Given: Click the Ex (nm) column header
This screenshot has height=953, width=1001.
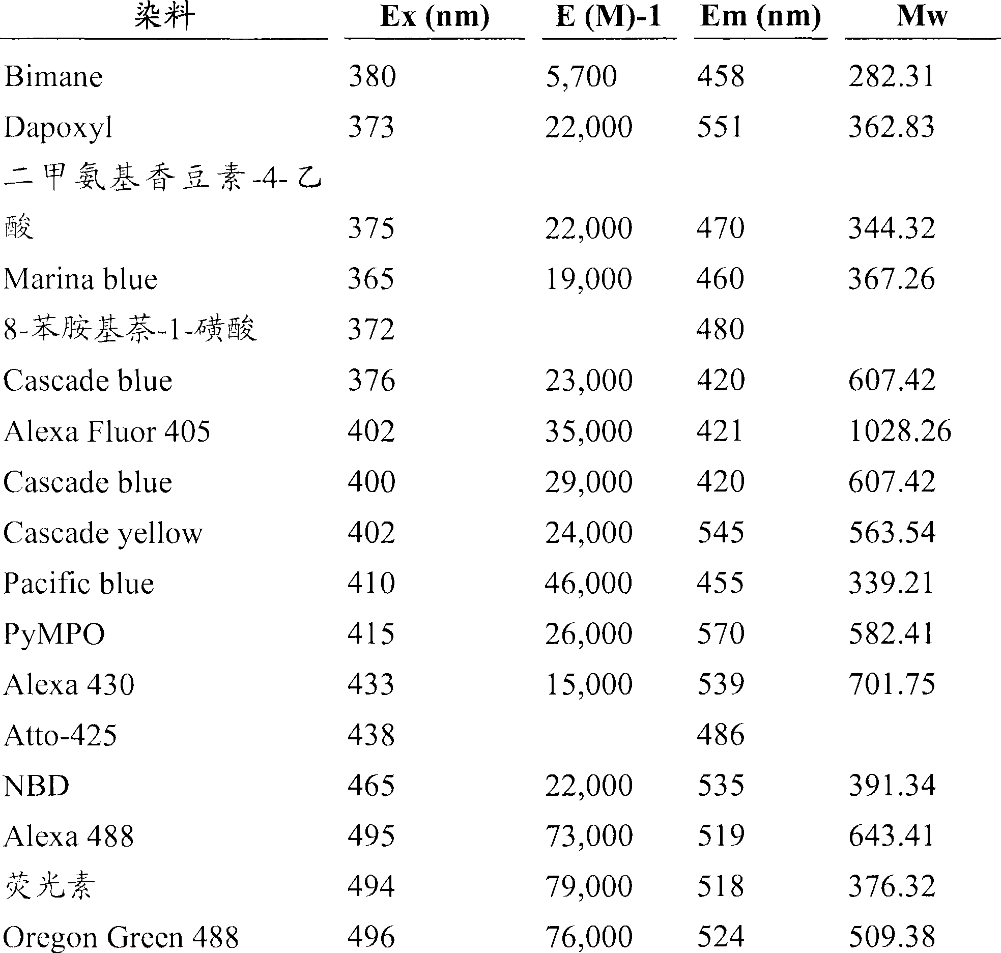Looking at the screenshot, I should click(x=435, y=17).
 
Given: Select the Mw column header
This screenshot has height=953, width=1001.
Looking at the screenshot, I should click(x=922, y=17).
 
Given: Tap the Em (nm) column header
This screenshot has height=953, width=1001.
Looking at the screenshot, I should click(x=761, y=17).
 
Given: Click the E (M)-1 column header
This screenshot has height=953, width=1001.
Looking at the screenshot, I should click(x=609, y=17).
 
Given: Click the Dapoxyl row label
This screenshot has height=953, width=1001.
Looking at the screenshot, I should click(x=58, y=128).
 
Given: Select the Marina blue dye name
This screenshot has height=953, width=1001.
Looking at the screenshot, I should click(x=80, y=279).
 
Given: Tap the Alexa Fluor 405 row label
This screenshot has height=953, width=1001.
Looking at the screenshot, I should click(x=107, y=431).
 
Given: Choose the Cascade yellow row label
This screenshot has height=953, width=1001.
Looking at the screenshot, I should click(x=103, y=533).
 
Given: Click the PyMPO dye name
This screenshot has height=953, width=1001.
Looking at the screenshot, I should click(x=54, y=634).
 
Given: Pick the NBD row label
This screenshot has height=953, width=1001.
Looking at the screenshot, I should click(x=37, y=786).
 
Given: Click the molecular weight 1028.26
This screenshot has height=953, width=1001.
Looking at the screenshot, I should click(x=900, y=431).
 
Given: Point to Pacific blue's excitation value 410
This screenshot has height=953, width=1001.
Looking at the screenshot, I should click(x=371, y=583).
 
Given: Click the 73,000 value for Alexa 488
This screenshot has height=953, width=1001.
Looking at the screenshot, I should click(x=589, y=836).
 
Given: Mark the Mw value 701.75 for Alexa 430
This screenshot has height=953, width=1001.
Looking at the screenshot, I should click(x=892, y=684).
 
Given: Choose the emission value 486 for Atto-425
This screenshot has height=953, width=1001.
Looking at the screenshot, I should click(x=721, y=735).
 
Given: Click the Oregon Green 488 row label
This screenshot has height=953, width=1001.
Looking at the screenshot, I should click(x=121, y=937).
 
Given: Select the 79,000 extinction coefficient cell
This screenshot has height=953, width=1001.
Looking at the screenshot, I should click(x=589, y=887).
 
